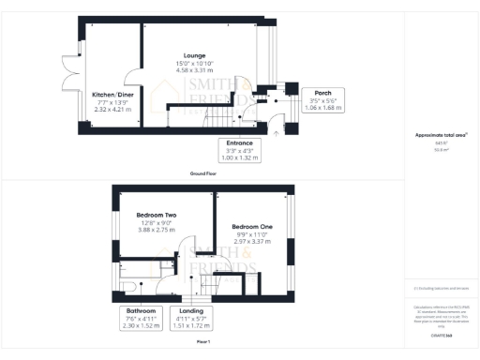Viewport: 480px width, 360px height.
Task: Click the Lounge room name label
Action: pyautogui.click(x=195, y=55)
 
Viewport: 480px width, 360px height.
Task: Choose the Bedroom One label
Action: pyautogui.click(x=251, y=227)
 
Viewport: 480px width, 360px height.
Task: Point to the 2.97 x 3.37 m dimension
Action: pyautogui.click(x=251, y=241)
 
